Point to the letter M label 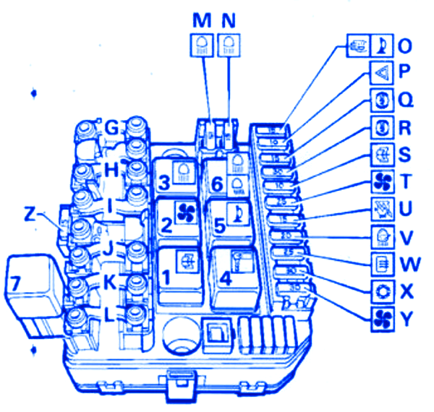200,22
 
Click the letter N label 229,22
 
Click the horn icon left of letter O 383,46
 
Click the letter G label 111,128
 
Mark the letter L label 111,315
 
